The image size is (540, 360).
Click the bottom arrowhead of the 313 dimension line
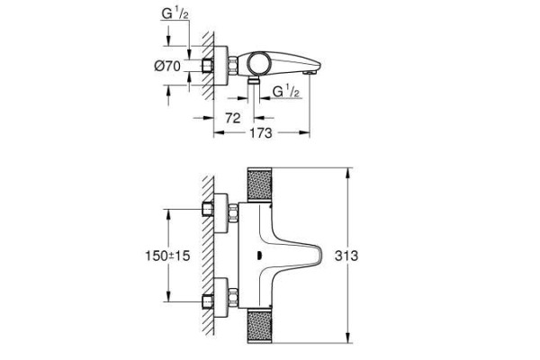(348, 340)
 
